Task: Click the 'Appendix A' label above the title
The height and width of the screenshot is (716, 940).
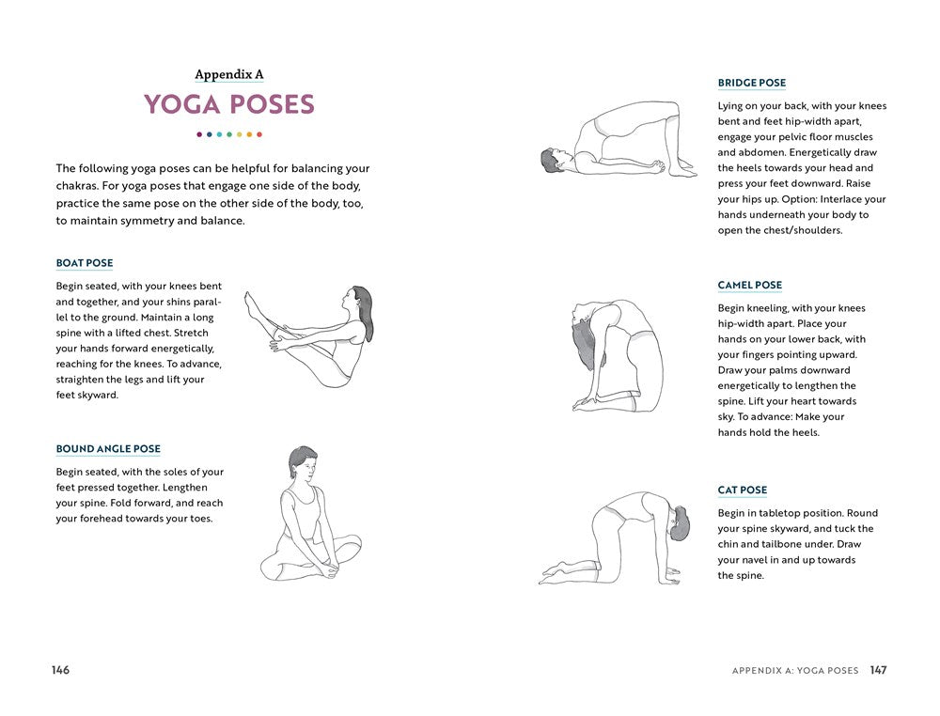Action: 228,74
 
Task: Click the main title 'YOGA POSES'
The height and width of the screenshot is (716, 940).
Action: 228,104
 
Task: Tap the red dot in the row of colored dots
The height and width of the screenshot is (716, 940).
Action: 259,134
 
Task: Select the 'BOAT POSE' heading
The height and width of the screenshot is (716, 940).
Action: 85,263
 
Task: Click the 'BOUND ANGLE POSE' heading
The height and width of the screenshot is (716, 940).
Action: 108,449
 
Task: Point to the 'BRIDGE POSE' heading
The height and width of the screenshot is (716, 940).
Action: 752,83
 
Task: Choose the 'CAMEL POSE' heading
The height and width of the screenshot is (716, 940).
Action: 750,285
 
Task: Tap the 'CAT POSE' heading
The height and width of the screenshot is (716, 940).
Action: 743,490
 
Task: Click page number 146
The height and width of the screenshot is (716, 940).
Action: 60,670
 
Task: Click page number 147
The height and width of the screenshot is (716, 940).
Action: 878,670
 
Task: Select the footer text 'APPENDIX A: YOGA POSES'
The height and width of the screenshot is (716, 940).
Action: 795,671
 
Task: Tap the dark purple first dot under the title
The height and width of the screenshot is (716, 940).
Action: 199,134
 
